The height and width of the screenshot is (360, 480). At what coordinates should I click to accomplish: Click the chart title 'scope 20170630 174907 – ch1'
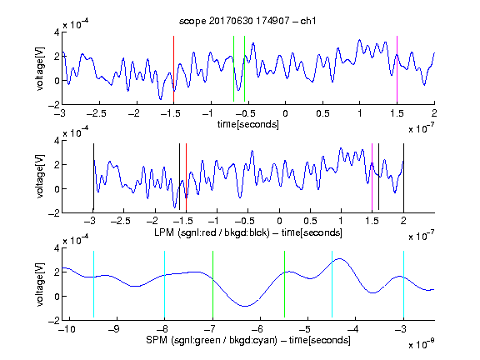247,21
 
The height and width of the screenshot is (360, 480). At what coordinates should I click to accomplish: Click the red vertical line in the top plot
173,69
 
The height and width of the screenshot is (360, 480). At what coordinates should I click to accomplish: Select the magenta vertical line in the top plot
397,69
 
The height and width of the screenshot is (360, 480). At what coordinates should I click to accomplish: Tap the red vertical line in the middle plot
186,177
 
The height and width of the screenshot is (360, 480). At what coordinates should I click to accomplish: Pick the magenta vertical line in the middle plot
372,177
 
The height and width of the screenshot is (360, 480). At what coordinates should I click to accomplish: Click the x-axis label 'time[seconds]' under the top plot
248,124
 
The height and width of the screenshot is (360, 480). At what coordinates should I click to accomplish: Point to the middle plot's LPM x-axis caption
248,232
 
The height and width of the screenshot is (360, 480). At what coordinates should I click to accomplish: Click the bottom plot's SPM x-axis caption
248,340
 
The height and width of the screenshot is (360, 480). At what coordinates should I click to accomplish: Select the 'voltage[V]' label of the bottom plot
40,285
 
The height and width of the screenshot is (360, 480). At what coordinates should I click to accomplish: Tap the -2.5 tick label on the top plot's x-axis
96,113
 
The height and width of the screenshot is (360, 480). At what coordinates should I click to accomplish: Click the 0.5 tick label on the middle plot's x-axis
310,221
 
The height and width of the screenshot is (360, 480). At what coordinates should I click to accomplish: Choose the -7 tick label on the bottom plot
210,329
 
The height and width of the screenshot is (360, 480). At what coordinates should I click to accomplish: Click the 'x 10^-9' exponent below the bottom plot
422,344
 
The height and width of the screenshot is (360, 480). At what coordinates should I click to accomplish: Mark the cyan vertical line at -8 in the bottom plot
164,284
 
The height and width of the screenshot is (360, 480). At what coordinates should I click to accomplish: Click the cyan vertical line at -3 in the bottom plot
403,284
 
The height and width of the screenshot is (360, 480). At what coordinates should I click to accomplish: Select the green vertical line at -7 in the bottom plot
212,284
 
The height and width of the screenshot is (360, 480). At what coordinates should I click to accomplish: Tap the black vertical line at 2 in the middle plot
403,177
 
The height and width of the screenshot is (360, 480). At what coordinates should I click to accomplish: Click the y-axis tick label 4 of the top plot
57,32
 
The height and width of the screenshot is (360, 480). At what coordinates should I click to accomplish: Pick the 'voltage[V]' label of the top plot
40,68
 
